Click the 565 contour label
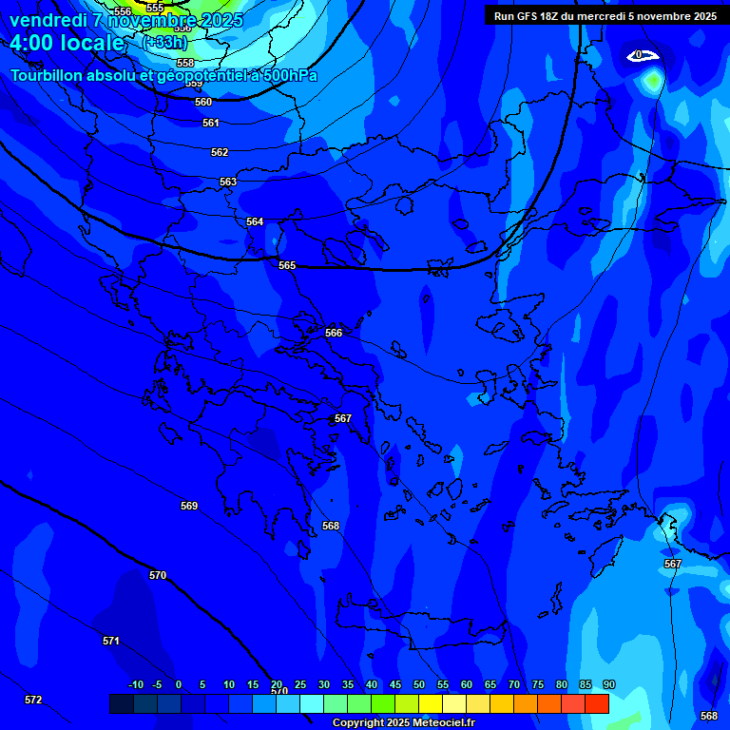click(287, 265)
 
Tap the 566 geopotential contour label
click(333, 333)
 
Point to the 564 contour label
click(255, 221)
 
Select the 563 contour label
click(228, 182)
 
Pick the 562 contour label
click(220, 152)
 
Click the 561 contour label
click(211, 123)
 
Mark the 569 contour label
click(189, 506)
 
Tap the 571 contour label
click(111, 641)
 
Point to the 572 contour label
click(33, 700)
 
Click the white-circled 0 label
click(640, 55)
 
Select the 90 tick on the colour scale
click(608, 684)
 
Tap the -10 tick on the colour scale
click(136, 684)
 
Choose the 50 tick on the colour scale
click(419, 684)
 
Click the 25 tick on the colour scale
click(299, 684)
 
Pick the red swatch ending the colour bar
click(596, 703)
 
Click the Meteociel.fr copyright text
click(403, 722)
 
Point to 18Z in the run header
click(550, 16)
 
